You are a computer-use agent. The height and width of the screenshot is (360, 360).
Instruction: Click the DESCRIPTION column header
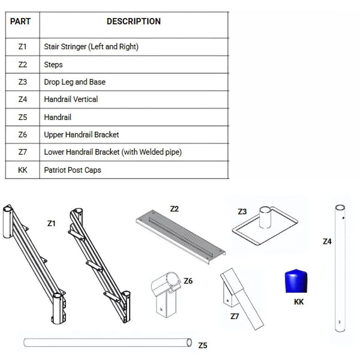coord(133,22)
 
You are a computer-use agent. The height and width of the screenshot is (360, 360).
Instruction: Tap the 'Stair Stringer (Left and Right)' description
coord(95,46)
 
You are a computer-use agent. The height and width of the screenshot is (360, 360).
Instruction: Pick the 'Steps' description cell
coord(53,64)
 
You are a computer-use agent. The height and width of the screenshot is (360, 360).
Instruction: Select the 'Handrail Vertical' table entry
coord(71,99)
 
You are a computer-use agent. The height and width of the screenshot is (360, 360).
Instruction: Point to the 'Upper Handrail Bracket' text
coord(81,135)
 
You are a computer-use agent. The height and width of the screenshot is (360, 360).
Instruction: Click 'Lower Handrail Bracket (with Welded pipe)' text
coord(113,152)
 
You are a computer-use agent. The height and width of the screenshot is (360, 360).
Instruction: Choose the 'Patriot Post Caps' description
coord(73,170)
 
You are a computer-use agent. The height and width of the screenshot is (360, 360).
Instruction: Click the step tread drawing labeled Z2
coord(180,237)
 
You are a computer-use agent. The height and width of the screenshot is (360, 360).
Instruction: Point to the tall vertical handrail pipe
coord(339,267)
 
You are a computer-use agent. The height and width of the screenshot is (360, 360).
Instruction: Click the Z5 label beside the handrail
coord(202,345)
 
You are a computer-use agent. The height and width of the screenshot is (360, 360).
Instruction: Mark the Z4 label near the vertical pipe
coord(326,242)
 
